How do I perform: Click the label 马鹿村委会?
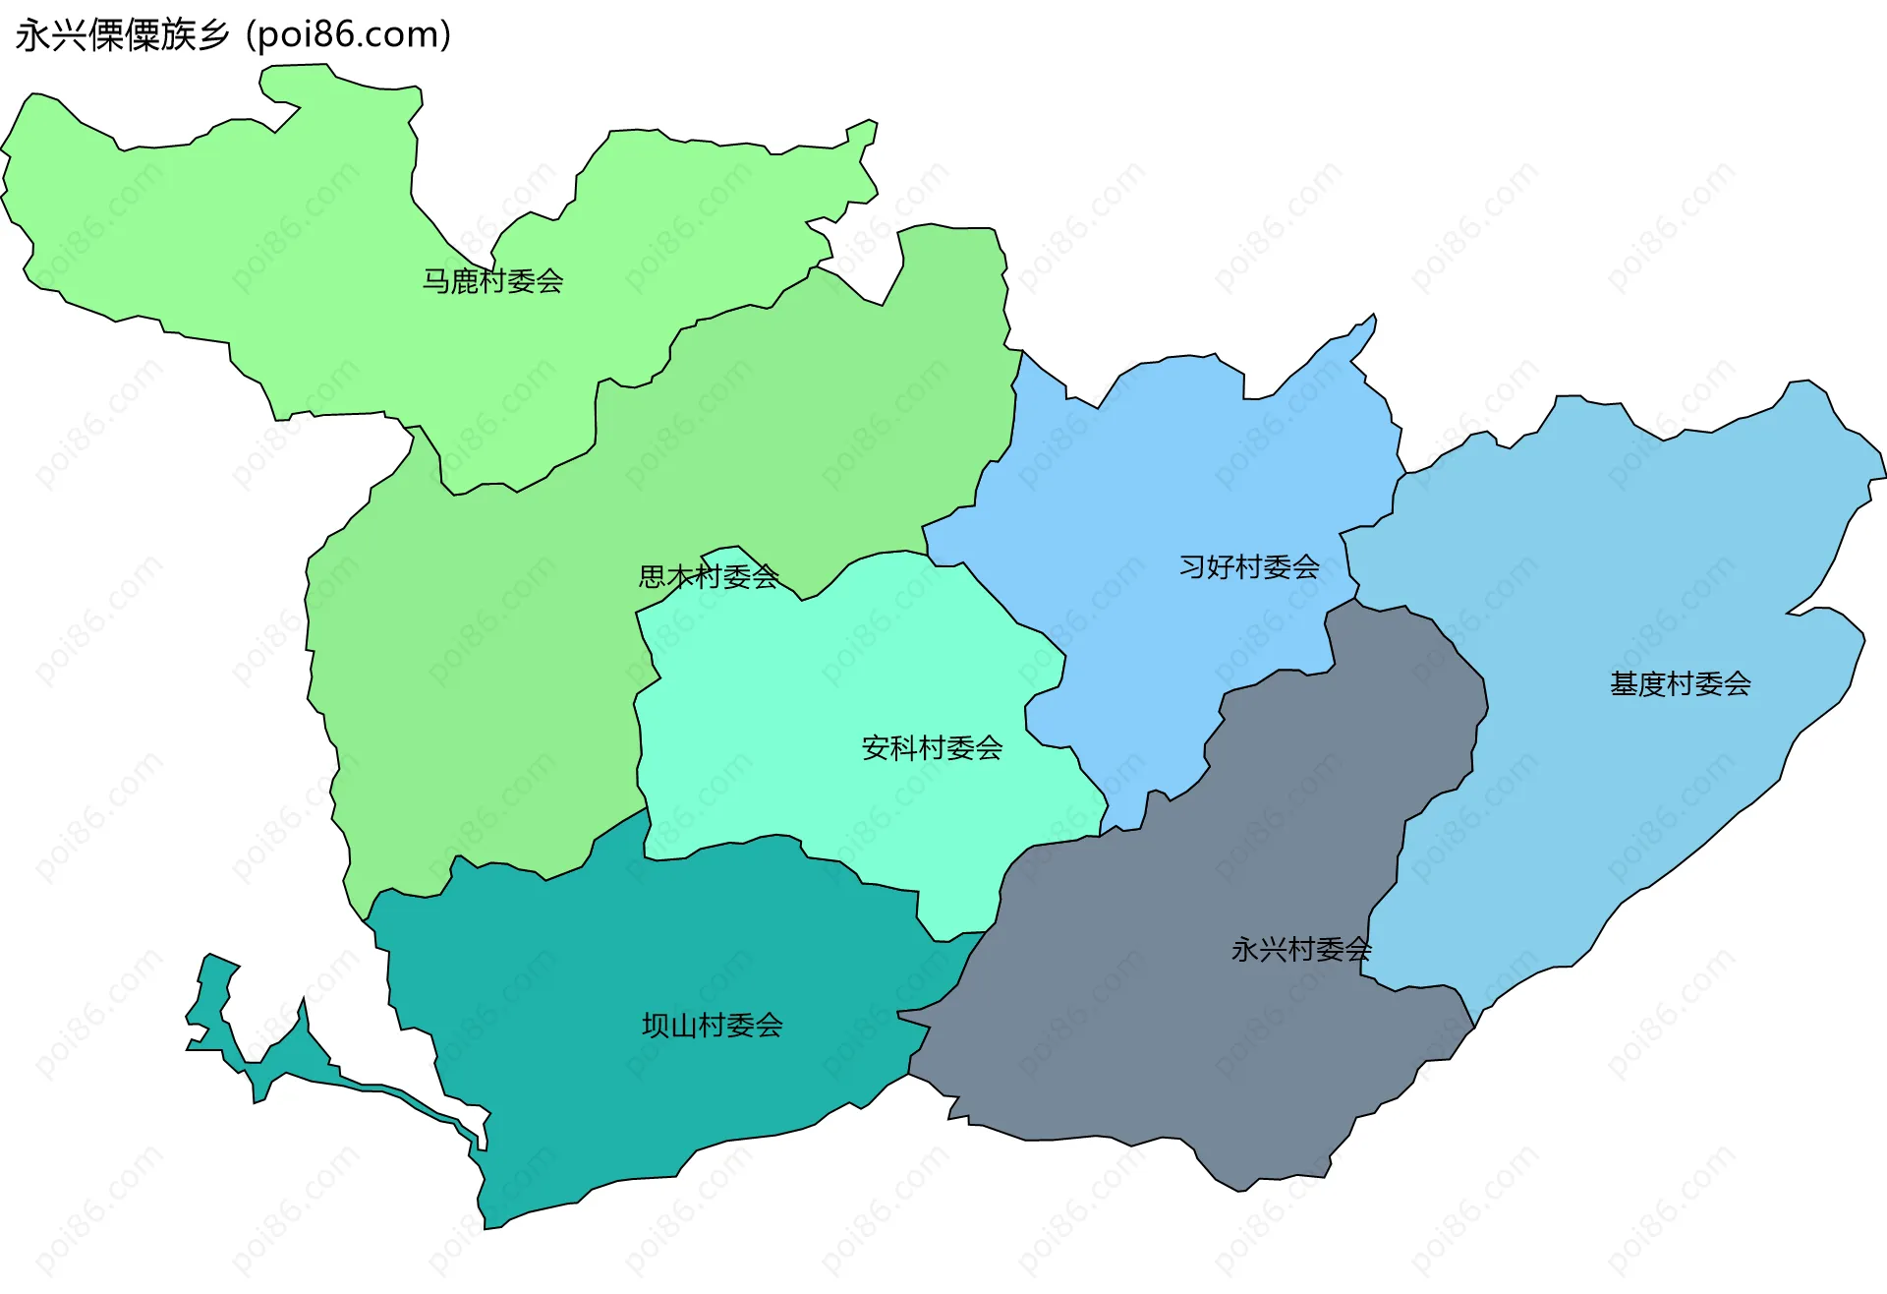coord(492,281)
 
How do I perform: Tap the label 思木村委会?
coord(709,576)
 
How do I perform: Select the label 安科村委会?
coord(932,748)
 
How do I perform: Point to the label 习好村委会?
coord(1249,567)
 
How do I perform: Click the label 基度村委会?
coord(1680,684)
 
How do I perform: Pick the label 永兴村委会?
coord(1300,950)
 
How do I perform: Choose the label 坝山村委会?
coord(712,1026)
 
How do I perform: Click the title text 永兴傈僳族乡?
coord(123,35)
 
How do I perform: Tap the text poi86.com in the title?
coord(348,35)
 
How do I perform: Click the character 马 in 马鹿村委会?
coord(436,281)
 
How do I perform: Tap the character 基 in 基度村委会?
coord(1624,684)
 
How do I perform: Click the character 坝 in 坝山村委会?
coord(656,1026)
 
